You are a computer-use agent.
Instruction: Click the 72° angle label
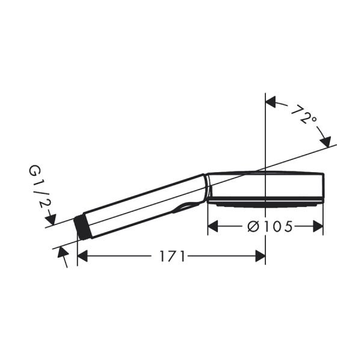(303, 115)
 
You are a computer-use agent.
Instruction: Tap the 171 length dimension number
(172, 256)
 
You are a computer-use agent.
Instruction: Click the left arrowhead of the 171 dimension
(83, 256)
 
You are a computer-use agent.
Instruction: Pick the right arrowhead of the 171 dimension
(260, 256)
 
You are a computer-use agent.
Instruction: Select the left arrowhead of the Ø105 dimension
(212, 226)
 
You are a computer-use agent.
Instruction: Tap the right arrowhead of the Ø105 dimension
(318, 226)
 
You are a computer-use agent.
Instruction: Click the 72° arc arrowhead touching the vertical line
(271, 102)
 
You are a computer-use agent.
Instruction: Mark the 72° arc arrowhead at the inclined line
(326, 142)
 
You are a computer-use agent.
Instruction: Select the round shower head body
(265, 187)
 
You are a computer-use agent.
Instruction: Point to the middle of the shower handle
(141, 205)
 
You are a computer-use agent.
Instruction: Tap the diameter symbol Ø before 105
(253, 226)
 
